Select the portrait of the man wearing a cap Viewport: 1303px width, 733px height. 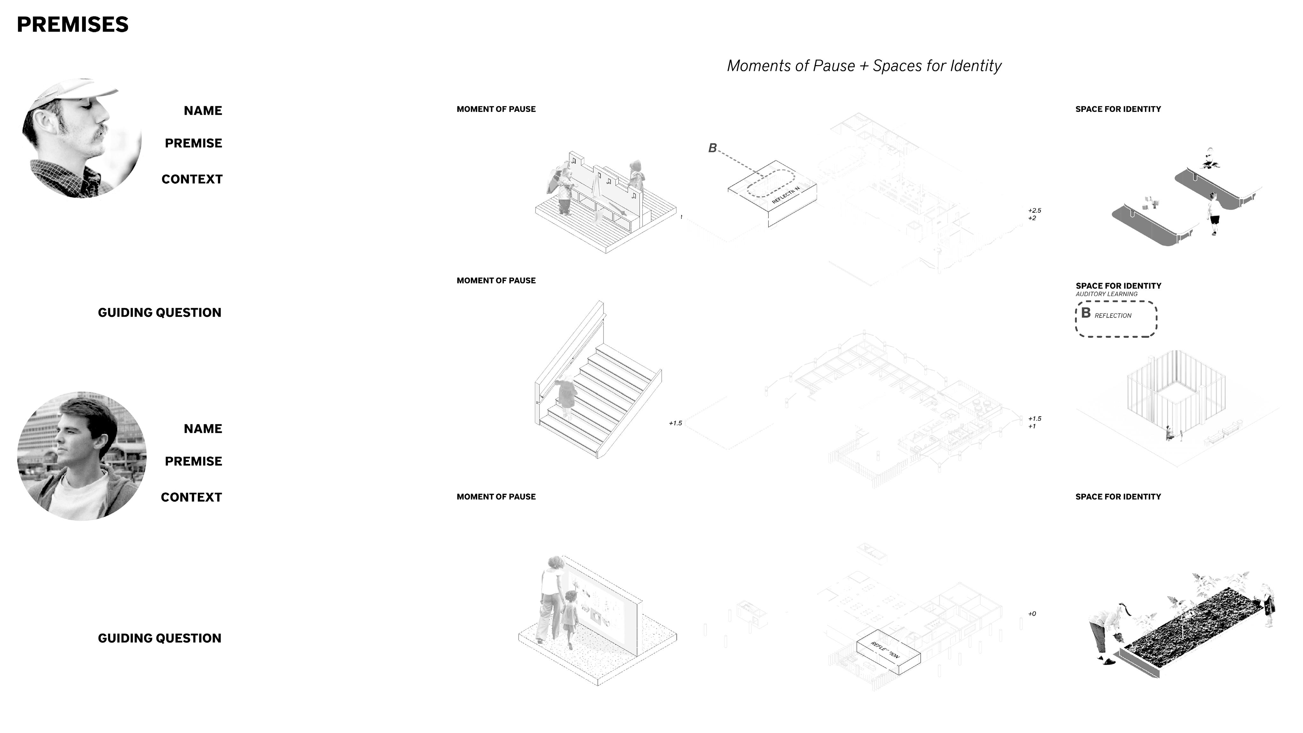tap(81, 137)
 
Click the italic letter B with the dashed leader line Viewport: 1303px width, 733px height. tap(712, 148)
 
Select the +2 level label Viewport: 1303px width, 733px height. tap(1032, 218)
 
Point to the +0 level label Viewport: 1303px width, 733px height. tap(1032, 614)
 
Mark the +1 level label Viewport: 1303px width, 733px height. tap(1032, 427)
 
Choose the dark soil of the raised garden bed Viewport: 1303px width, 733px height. tap(1194, 624)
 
